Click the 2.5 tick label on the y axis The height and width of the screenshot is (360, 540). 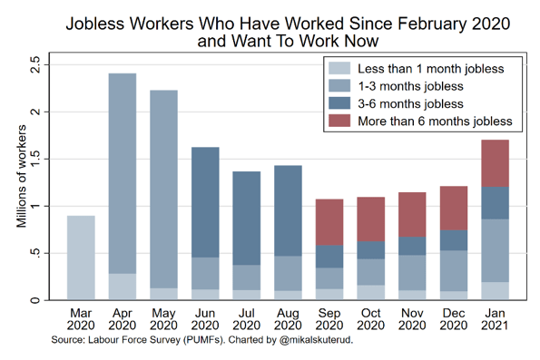(34, 65)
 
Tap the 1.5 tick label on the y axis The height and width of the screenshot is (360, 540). (34, 159)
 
